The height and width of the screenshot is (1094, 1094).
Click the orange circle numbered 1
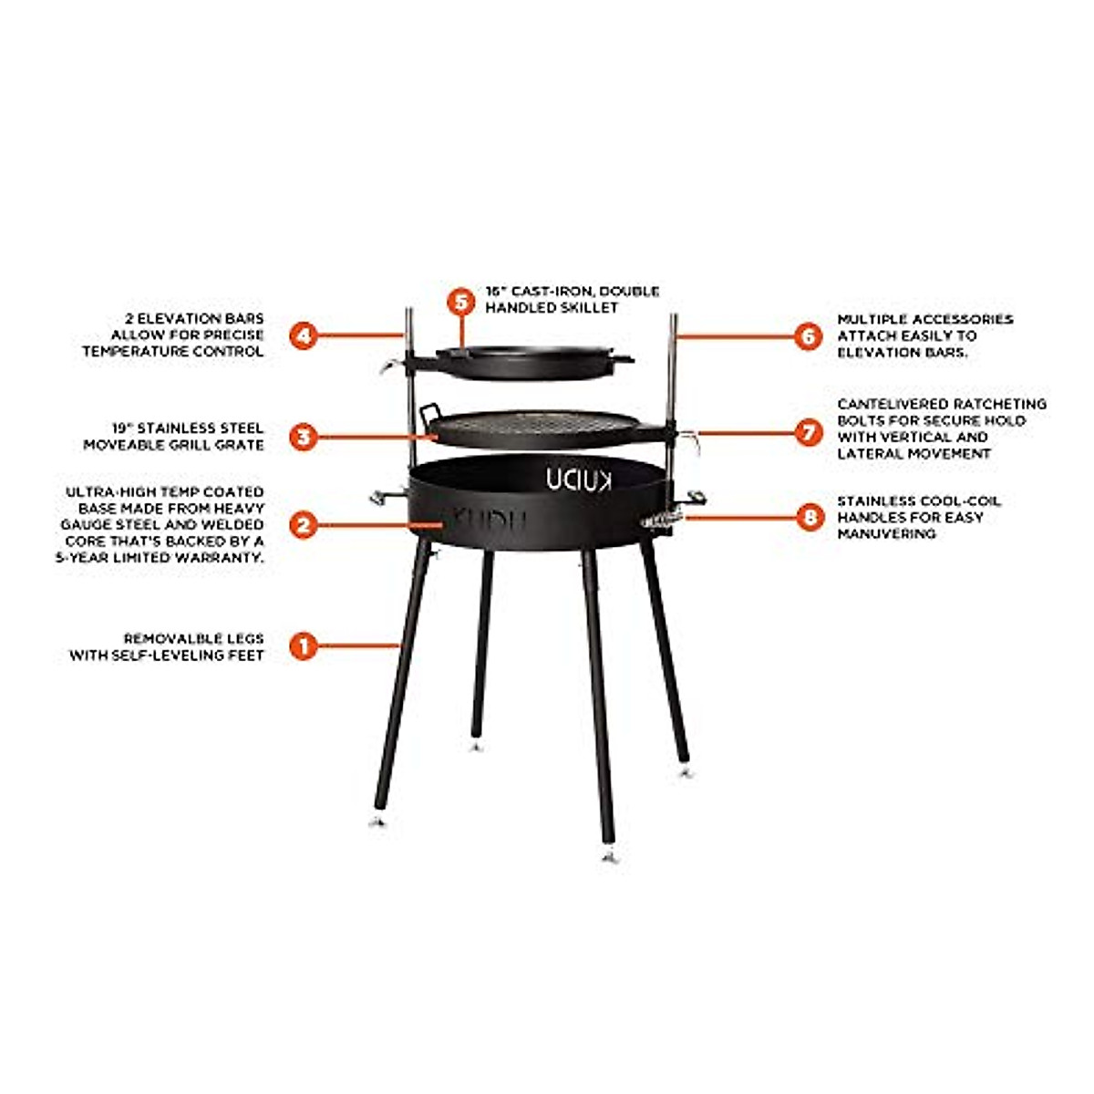[x=304, y=646]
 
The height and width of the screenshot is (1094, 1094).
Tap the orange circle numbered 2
[x=304, y=524]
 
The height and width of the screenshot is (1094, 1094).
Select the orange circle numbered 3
[x=304, y=437]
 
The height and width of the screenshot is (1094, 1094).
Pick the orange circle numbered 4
[x=304, y=335]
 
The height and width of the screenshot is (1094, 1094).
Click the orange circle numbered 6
[x=808, y=335]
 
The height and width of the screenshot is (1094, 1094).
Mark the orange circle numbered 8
[x=808, y=518]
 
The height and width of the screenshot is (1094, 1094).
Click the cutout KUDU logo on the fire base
[x=580, y=480]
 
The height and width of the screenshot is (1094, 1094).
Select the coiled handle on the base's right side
[x=662, y=519]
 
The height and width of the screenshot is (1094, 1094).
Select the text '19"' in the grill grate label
[x=123, y=428]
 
